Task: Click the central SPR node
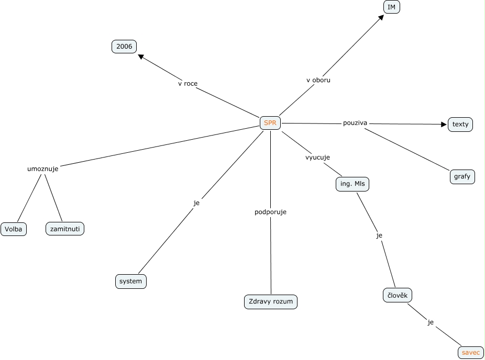[x=270, y=123]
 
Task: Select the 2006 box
[x=124, y=47]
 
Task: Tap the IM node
[x=391, y=7]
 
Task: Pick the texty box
[x=460, y=125]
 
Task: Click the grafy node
[x=462, y=177]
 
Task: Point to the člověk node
[x=398, y=295]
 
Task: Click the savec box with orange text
[x=471, y=353]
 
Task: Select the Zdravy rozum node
[x=271, y=302]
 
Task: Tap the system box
[x=130, y=282]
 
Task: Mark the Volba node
[x=14, y=229]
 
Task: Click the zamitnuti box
[x=65, y=229]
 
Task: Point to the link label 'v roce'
[x=188, y=83]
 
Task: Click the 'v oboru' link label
[x=318, y=80]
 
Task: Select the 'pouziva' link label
[x=355, y=123]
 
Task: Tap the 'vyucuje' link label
[x=318, y=157]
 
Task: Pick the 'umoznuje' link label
[x=43, y=168]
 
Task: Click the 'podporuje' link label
[x=270, y=212]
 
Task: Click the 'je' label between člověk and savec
[x=431, y=322]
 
